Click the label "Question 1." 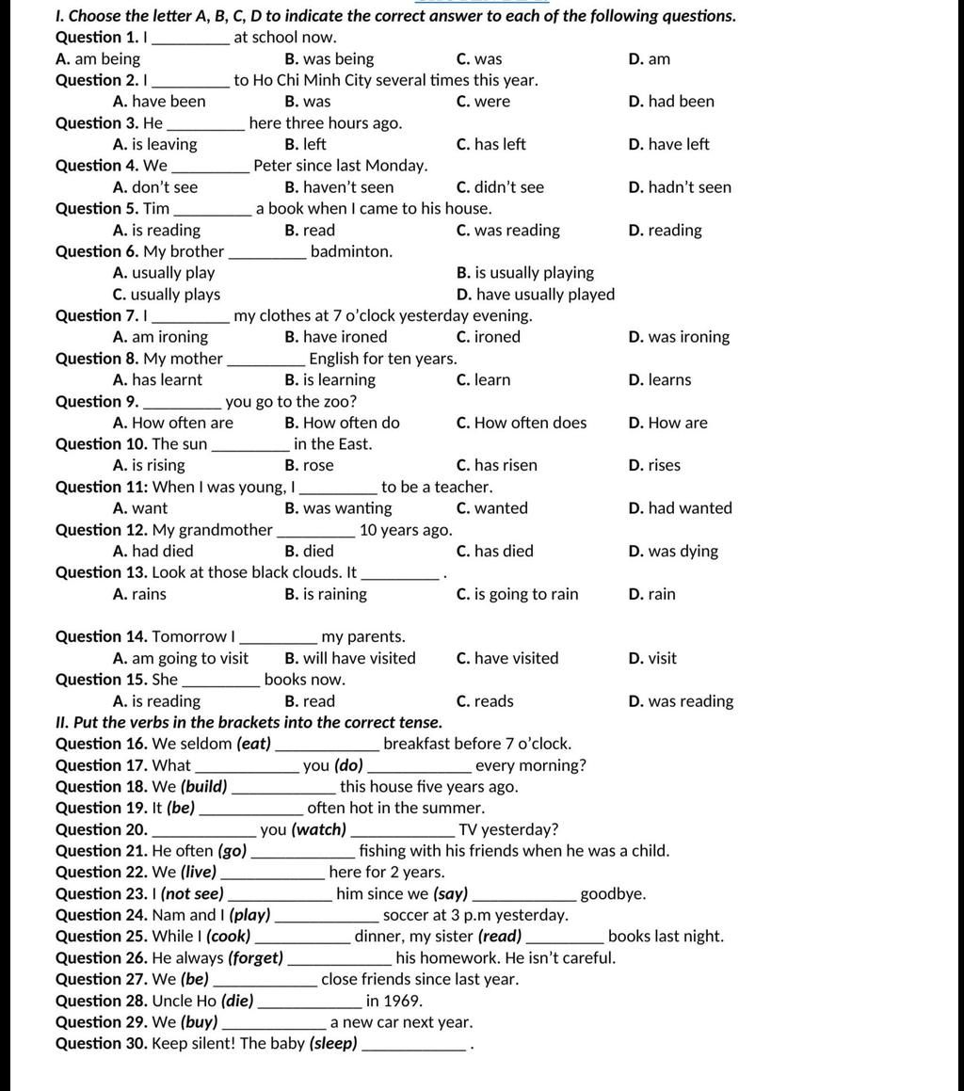(97, 38)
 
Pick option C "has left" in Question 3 (490, 144)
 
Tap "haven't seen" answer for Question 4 (339, 187)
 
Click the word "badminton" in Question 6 (350, 251)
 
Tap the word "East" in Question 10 (353, 444)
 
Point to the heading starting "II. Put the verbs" (249, 723)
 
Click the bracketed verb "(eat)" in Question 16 (253, 745)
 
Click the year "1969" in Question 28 (403, 1001)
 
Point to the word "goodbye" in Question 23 (612, 894)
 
